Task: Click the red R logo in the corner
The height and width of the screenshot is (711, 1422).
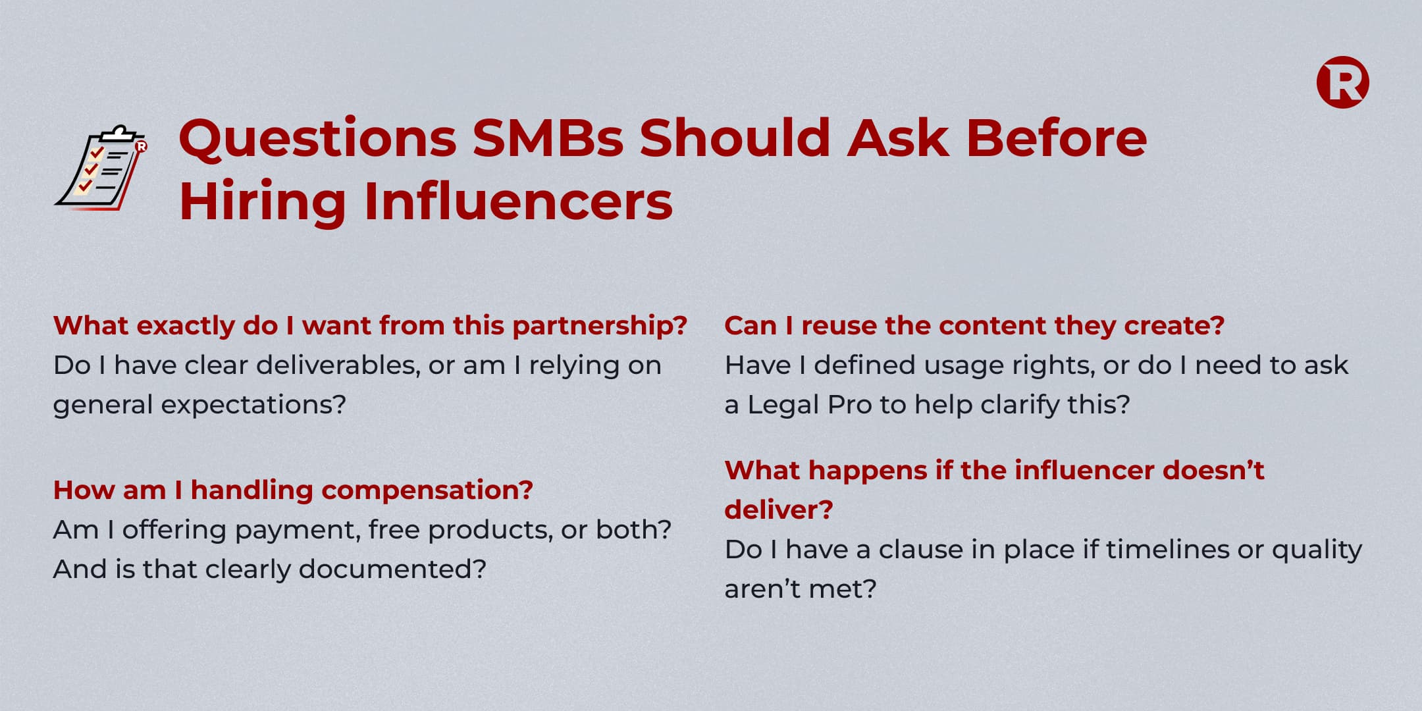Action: pyautogui.click(x=1342, y=82)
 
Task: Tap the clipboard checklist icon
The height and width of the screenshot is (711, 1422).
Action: pyautogui.click(x=101, y=168)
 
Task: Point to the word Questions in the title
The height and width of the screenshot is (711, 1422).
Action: pyautogui.click(x=317, y=140)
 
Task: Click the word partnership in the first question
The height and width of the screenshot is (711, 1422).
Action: pyautogui.click(x=600, y=327)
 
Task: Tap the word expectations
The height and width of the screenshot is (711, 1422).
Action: pyautogui.click(x=253, y=406)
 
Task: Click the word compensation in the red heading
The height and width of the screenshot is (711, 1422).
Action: pyautogui.click(x=427, y=491)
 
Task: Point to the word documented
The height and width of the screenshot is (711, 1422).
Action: pyautogui.click(x=392, y=569)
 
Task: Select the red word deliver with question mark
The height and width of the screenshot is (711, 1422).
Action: pyautogui.click(x=779, y=510)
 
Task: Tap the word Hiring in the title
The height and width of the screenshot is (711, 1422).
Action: pyautogui.click(x=263, y=202)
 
